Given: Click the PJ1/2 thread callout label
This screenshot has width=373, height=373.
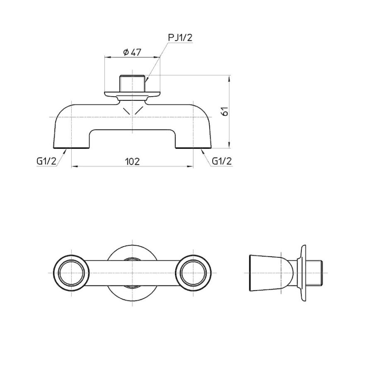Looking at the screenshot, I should pos(180,38).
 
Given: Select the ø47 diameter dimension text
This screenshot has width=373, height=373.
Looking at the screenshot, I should pos(132,52).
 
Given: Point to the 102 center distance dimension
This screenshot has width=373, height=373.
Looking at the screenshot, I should pos(132,161).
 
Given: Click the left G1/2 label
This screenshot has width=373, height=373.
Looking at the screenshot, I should pos(46,161).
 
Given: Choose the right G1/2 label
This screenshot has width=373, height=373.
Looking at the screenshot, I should pos(222,161).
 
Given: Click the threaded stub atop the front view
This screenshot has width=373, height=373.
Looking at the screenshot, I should pos(132,83).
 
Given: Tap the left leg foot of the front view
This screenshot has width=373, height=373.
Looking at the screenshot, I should pos(72,145).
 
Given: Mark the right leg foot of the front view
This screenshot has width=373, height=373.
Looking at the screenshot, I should pos(193,145).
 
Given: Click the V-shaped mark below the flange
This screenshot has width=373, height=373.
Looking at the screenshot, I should pos(132,110).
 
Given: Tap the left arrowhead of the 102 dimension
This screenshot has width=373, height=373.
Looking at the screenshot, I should pos(74,167).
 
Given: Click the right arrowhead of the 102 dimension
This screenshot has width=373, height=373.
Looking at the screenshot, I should pos(191,167).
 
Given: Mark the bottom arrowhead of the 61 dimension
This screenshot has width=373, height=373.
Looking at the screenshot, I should pos(230,145).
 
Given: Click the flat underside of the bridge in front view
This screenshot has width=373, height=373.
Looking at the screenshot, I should pos(132,130).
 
